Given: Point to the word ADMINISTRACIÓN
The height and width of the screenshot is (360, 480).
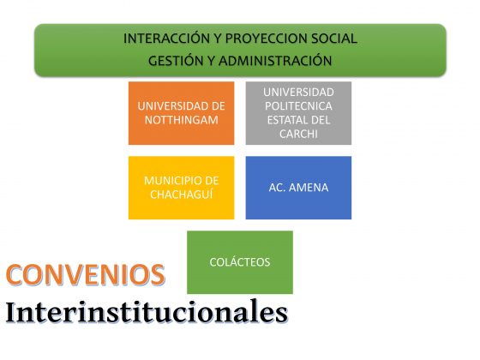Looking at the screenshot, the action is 275,61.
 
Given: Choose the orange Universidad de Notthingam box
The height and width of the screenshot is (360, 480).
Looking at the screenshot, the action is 181,113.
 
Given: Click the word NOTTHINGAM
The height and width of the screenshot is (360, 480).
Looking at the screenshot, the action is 181,120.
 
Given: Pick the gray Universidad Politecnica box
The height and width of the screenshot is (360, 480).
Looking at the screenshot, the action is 298,113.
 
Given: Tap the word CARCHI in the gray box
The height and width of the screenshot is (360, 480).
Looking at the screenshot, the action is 298,134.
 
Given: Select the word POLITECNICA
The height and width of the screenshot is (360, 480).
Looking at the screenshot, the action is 298,106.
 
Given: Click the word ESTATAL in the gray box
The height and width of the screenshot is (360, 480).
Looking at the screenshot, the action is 287,120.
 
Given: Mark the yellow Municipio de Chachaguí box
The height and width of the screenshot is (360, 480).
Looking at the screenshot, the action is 181,188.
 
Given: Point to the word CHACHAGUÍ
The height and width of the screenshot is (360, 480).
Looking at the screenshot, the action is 181,195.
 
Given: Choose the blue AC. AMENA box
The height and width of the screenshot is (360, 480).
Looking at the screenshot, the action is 298,188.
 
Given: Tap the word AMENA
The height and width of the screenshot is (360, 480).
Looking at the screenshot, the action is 309,188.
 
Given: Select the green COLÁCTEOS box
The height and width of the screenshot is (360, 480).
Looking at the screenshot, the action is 240,262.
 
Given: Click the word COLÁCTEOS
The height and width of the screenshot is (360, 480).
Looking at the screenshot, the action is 240,262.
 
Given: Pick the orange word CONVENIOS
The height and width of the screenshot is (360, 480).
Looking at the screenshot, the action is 86,274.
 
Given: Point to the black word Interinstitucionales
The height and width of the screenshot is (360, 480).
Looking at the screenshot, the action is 147,313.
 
